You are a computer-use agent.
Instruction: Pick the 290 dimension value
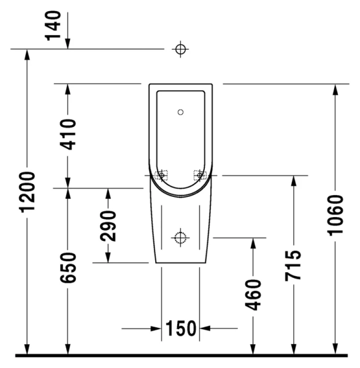[x=108, y=226]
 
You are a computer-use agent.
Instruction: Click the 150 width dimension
[x=180, y=329]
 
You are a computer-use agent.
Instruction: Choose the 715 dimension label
[x=294, y=265]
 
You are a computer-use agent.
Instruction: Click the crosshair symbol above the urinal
[x=180, y=49]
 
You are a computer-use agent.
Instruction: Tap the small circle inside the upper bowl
[x=180, y=112]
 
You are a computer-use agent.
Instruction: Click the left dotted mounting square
[x=161, y=175]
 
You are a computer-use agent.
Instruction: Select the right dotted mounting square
[x=199, y=175]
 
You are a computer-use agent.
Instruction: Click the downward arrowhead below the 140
[x=67, y=43]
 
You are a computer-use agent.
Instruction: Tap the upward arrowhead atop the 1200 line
[x=27, y=55]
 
